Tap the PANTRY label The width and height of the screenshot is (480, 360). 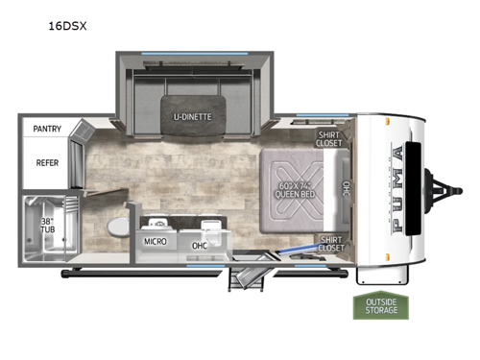[47, 128]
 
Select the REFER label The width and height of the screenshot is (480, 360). [47, 163]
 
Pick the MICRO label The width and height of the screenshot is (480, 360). [156, 242]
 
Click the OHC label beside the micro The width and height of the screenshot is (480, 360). [200, 245]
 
